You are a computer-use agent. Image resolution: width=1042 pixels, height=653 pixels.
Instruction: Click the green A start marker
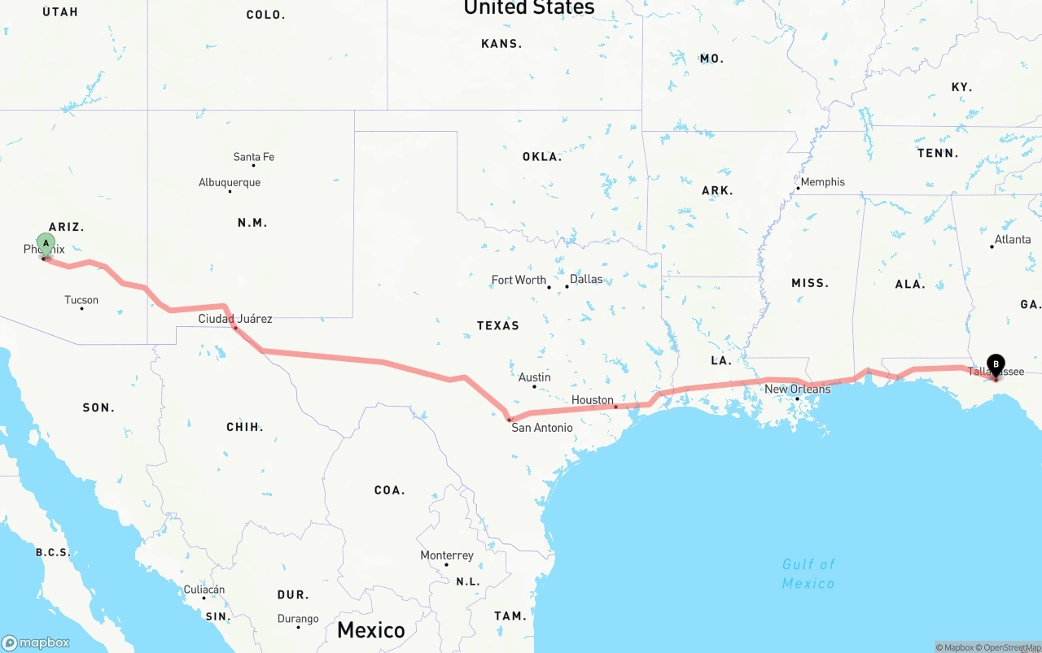click(x=46, y=243)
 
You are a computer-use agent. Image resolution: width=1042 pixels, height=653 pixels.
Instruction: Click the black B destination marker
click(x=995, y=365)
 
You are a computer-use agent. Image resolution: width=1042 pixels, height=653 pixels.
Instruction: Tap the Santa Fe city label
click(x=253, y=157)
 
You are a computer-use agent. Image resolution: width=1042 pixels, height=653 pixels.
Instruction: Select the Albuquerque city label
click(x=230, y=182)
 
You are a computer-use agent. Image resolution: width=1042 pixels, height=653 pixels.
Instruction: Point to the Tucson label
click(x=81, y=300)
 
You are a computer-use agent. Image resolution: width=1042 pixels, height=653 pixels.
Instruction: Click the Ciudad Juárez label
click(x=235, y=319)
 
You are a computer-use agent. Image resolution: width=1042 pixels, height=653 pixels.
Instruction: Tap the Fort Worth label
click(x=519, y=280)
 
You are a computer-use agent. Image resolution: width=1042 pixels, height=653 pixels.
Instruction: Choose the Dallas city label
click(x=586, y=279)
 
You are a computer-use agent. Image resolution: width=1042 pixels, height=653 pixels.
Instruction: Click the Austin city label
click(x=534, y=377)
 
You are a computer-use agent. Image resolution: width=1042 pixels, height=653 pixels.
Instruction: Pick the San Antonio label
click(x=541, y=428)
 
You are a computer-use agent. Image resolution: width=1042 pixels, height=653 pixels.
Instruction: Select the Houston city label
click(x=592, y=400)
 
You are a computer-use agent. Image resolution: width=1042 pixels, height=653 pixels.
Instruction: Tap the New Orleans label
click(x=797, y=389)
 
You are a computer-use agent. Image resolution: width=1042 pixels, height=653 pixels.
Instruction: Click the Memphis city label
click(x=822, y=182)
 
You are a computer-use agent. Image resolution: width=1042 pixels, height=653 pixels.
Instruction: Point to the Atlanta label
click(x=1013, y=239)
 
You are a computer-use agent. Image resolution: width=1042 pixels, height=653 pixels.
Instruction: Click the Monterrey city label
click(x=446, y=555)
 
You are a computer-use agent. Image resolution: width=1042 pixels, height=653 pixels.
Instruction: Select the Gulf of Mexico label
click(x=808, y=573)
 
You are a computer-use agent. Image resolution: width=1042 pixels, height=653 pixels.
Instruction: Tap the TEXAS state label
click(x=497, y=325)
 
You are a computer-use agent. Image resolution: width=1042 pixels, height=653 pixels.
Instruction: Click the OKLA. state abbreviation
click(x=542, y=156)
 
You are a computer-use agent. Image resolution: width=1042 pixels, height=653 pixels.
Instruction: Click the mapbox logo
click(x=36, y=642)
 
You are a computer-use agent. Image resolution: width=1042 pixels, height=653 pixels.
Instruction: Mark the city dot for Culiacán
click(x=204, y=599)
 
